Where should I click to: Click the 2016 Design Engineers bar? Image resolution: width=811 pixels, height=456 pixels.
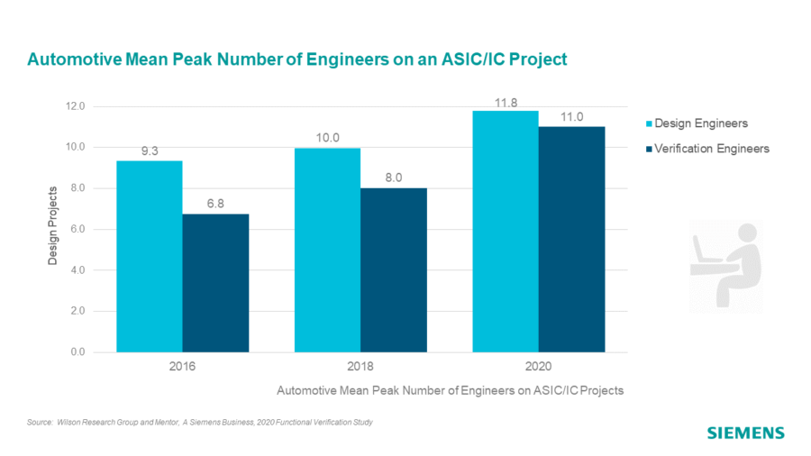[x=150, y=257]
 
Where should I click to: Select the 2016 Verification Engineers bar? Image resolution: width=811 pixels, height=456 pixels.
[x=215, y=283]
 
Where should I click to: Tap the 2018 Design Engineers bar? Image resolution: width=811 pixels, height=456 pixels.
[x=327, y=250]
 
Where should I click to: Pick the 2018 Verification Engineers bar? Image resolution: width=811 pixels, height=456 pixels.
[x=393, y=270]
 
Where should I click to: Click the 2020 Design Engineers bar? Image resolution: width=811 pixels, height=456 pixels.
[x=506, y=232]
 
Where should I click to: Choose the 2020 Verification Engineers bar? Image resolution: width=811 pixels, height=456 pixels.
[x=571, y=240]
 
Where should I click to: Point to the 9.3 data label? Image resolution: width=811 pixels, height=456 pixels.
[x=150, y=151]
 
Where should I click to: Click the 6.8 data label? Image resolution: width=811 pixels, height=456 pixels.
[x=215, y=204]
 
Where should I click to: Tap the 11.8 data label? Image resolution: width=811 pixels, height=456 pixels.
[x=506, y=103]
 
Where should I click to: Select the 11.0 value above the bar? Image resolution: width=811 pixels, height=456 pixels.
[x=571, y=117]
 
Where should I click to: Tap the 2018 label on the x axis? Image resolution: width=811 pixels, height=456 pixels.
[x=360, y=368]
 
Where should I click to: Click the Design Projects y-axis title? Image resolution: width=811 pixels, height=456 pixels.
[x=53, y=225]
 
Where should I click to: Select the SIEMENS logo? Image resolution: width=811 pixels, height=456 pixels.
[x=745, y=433]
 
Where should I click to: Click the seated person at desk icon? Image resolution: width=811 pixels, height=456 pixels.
[x=725, y=266]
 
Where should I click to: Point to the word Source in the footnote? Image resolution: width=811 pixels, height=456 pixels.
[x=41, y=422]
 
